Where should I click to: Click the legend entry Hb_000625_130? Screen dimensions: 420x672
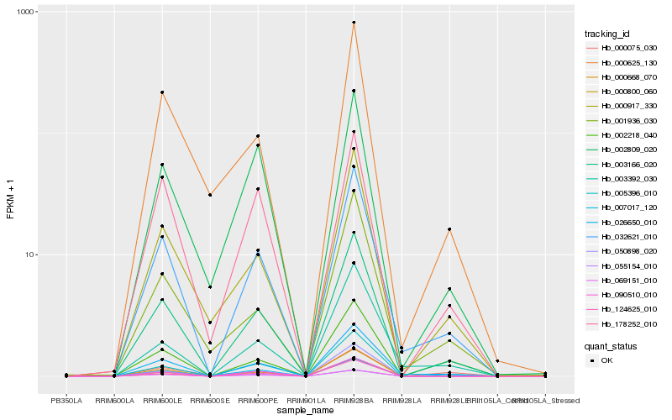coord(622,63)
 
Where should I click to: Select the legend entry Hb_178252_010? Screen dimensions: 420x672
coord(622,324)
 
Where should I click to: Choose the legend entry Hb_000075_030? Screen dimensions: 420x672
coord(622,50)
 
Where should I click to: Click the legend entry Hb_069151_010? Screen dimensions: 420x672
coord(622,282)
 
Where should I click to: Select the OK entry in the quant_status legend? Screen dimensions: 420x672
coord(609,360)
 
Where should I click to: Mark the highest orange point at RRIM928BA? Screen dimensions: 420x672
coord(354,23)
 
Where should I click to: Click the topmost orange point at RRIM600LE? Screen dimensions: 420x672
coord(162,92)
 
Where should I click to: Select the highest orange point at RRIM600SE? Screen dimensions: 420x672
coord(210,195)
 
